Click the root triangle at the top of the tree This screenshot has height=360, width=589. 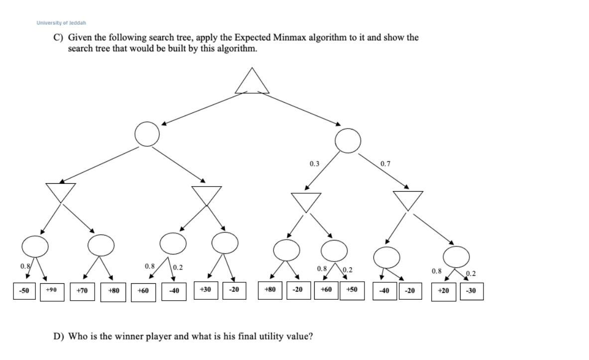point(252,82)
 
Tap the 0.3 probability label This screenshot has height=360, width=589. point(314,164)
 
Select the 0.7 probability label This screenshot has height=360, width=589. point(385,164)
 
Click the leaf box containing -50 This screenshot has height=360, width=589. point(23,290)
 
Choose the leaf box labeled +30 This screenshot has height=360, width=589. point(205,290)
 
